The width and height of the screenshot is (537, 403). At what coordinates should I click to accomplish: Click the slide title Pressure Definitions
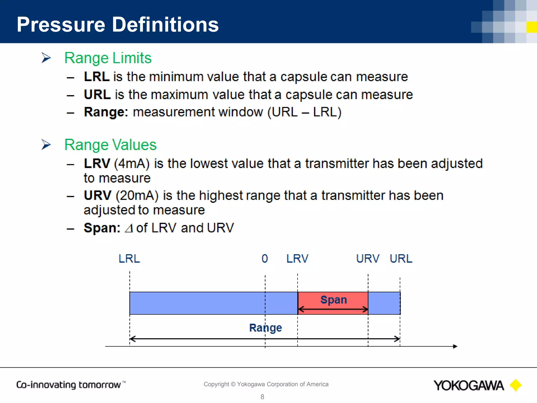pyautogui.click(x=118, y=24)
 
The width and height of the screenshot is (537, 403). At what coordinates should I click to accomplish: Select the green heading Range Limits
pyautogui.click(x=108, y=58)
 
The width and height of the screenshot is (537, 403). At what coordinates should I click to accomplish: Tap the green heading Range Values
pyautogui.click(x=110, y=145)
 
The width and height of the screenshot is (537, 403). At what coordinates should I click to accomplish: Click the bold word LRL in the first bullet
pyautogui.click(x=96, y=77)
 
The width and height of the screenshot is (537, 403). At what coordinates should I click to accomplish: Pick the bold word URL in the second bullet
pyautogui.click(x=97, y=94)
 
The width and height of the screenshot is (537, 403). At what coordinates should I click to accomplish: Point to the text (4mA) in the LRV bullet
pyautogui.click(x=132, y=163)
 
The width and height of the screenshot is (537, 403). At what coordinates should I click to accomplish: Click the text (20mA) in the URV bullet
pyautogui.click(x=137, y=195)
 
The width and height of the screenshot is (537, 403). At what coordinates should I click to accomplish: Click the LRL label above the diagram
pyautogui.click(x=129, y=259)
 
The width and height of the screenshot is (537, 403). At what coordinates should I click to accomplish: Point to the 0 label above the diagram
pyautogui.click(x=265, y=259)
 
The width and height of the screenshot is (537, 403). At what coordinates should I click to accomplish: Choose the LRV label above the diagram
pyautogui.click(x=297, y=259)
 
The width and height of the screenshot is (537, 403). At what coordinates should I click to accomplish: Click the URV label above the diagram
pyautogui.click(x=368, y=259)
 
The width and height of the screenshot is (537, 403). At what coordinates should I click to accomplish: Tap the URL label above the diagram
pyautogui.click(x=401, y=259)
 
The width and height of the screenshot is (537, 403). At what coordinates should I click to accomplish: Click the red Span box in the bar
pyautogui.click(x=333, y=303)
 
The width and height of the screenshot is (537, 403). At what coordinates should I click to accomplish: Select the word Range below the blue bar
pyautogui.click(x=265, y=328)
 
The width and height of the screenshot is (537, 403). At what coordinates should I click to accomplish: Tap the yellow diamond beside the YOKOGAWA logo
pyautogui.click(x=515, y=385)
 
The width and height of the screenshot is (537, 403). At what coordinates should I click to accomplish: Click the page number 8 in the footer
pyautogui.click(x=262, y=397)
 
